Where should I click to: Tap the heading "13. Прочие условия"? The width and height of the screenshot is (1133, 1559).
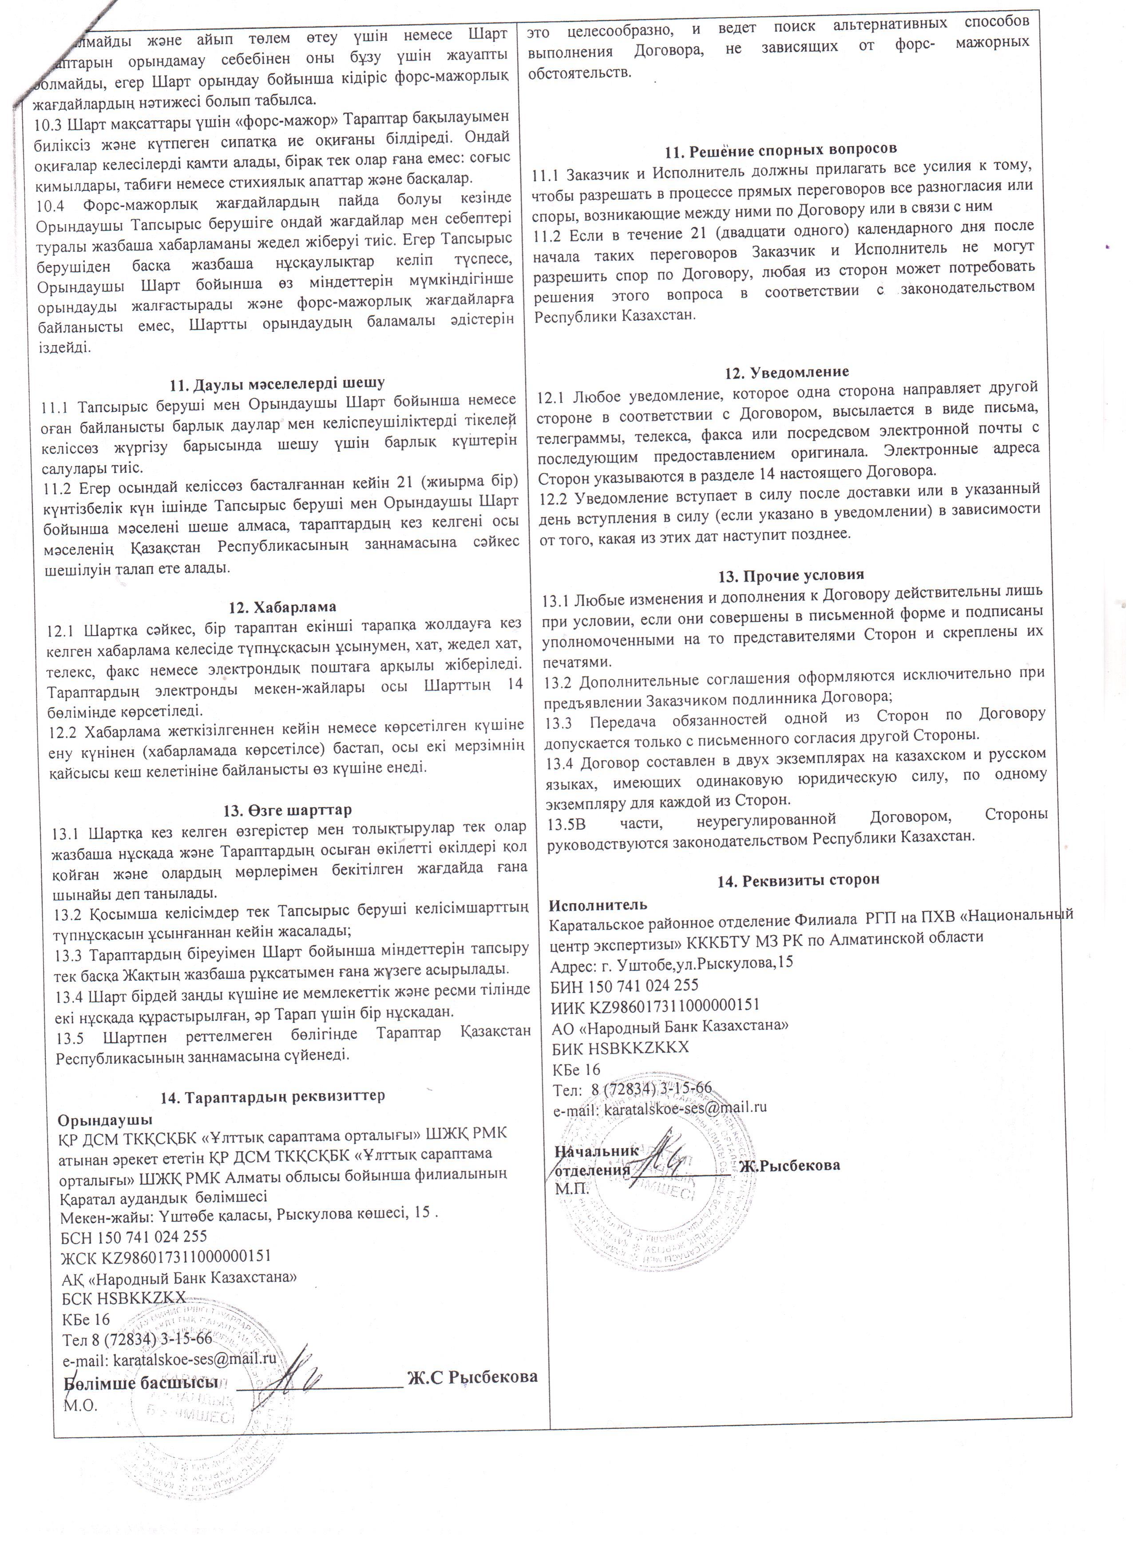tap(790, 575)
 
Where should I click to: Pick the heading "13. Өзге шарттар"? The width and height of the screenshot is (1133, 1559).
tap(287, 810)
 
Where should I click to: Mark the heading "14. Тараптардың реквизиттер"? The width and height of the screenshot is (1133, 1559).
tap(273, 1096)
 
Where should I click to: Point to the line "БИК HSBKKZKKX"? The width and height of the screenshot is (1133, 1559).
tap(620, 1048)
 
